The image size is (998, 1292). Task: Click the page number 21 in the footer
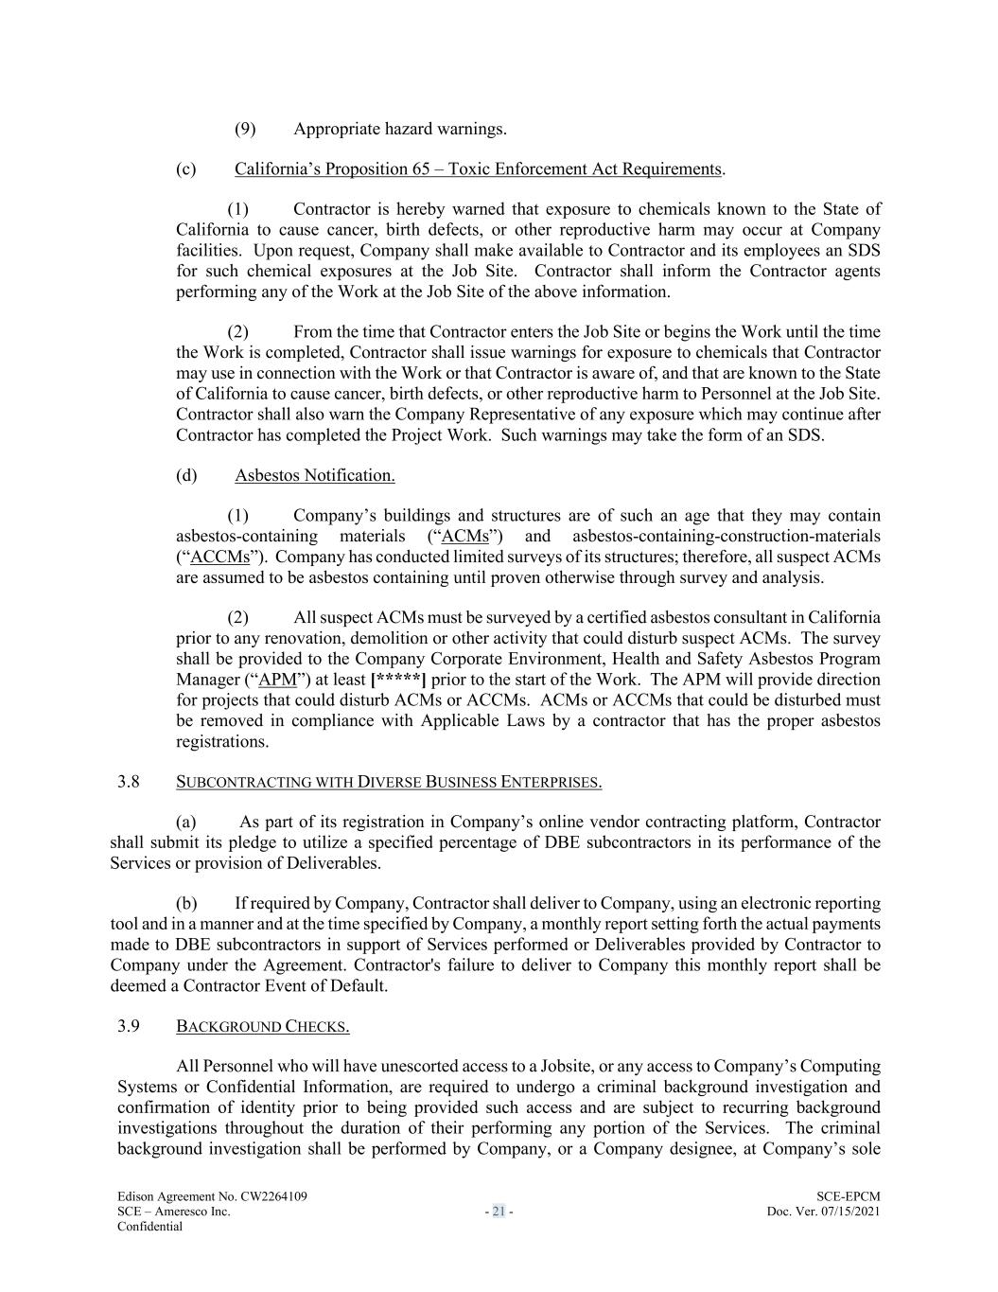point(499,1212)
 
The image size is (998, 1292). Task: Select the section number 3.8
point(129,782)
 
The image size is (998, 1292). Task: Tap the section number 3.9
point(129,1026)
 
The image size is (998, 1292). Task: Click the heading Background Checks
point(263,1027)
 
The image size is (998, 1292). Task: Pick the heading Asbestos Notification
point(315,475)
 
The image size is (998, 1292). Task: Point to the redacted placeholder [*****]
point(398,680)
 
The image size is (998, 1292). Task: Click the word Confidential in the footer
point(149,1227)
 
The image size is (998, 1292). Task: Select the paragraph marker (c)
point(185,168)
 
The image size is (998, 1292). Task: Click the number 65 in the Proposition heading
point(422,168)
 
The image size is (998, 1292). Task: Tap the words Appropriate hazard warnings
point(399,129)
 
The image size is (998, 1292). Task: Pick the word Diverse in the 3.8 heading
point(388,782)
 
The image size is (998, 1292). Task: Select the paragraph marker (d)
point(185,475)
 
